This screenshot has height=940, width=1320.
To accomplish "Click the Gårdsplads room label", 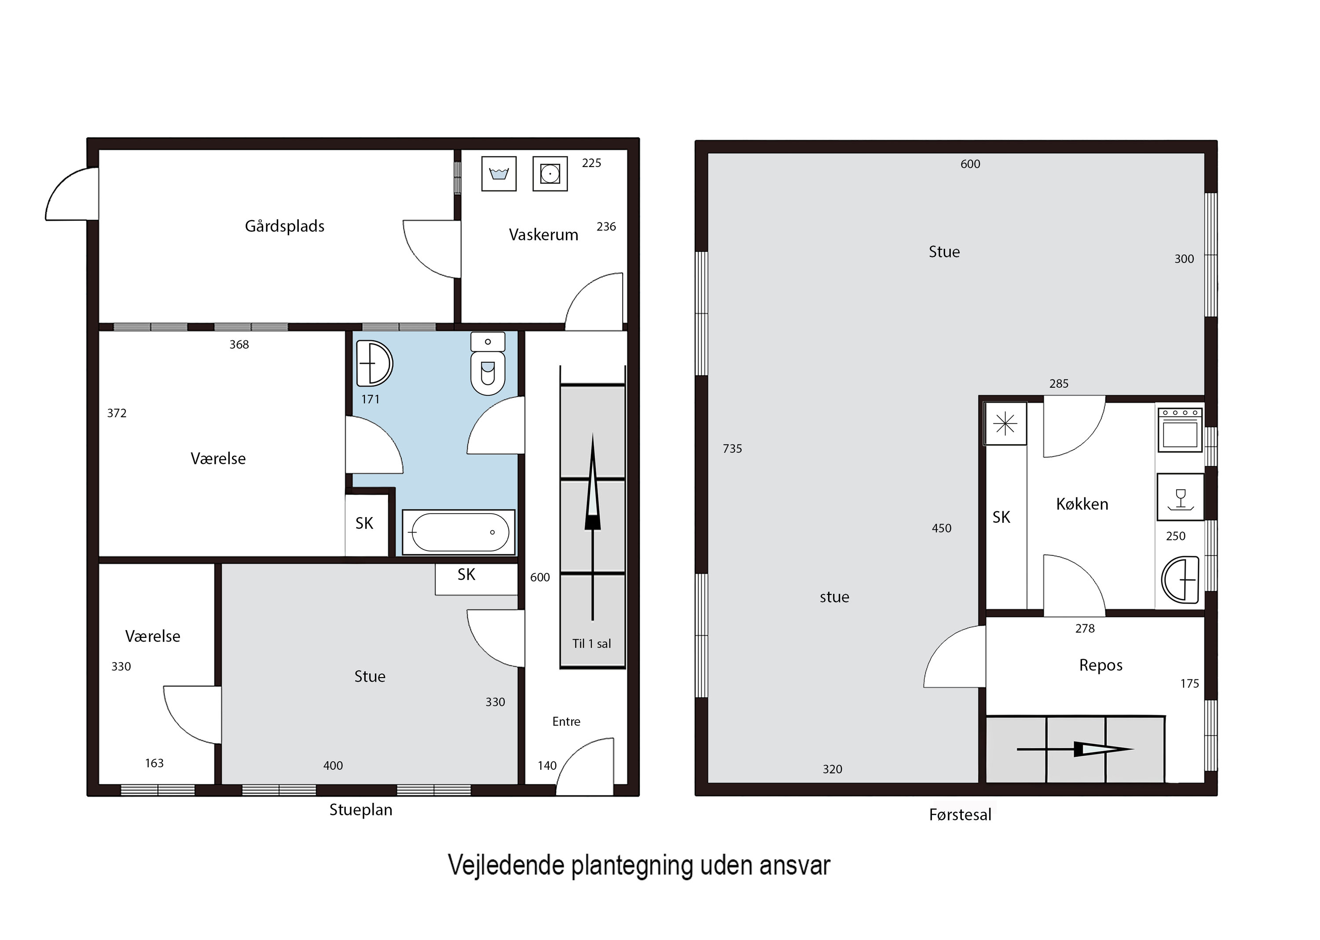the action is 284,226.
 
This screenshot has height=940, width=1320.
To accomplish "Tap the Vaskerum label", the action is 543,234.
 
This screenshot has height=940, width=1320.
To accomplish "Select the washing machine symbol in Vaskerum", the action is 499,174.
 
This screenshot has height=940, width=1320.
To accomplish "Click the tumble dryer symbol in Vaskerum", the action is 550,174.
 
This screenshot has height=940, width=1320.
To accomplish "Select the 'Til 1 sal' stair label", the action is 591,644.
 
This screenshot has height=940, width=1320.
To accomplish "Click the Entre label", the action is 566,721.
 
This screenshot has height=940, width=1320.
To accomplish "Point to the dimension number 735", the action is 732,448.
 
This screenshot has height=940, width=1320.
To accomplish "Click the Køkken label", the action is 1082,504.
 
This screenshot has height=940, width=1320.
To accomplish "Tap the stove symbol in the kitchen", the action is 1180,430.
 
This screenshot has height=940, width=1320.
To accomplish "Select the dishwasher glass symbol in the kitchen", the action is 1180,497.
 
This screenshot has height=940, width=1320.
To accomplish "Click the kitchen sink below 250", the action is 1180,579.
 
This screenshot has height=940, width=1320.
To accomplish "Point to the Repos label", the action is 1100,665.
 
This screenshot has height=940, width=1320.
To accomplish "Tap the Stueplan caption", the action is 361,810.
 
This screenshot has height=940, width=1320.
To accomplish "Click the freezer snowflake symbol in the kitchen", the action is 1005,424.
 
